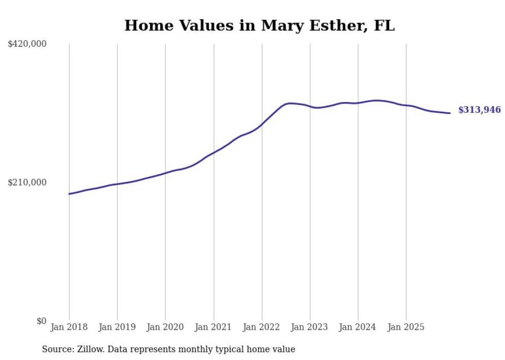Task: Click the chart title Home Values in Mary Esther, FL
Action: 259,25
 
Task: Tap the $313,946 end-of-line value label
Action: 479,110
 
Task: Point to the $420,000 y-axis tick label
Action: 27,44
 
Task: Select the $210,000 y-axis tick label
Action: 27,182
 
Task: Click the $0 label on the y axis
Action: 41,321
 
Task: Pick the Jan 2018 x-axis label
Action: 69,327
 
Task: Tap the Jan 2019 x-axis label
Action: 117,327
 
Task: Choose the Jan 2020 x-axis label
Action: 165,327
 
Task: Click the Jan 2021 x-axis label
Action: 213,327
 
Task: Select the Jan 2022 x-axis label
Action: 262,327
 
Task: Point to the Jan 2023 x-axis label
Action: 310,327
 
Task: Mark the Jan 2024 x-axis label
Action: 358,327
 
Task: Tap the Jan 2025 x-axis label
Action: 406,327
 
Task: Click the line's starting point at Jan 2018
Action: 69,194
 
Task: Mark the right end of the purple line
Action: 450,113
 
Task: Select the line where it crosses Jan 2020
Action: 165,173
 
